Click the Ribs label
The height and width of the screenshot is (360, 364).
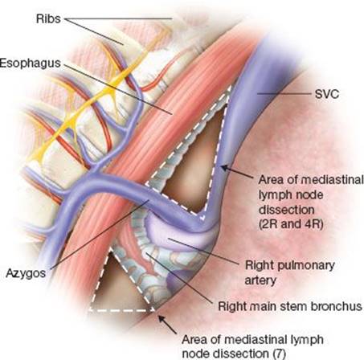coord(48,18)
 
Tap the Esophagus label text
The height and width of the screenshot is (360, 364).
coord(31,63)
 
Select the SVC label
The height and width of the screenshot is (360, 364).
coord(326,94)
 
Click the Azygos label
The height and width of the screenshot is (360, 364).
coord(26,274)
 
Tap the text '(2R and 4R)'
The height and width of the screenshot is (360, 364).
coord(291,223)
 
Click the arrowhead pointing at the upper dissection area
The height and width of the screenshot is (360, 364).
coord(225,168)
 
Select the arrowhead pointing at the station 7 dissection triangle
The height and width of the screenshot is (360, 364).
coord(162,319)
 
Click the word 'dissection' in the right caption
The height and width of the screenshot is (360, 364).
coord(286,209)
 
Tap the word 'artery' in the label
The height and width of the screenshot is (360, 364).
coord(260,281)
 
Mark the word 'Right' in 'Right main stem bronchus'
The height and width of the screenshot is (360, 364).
coord(232,306)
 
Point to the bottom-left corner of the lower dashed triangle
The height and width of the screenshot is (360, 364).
coord(90,310)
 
